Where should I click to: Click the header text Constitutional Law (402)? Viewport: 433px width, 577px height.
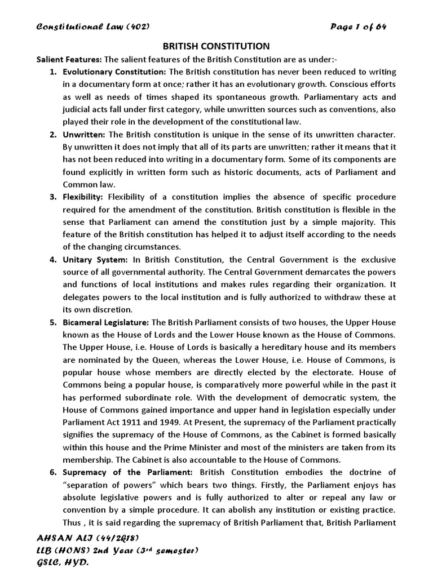(92, 26)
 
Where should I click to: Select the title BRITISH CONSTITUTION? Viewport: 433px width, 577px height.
(216, 46)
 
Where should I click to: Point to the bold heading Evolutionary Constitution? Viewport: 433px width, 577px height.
(114, 72)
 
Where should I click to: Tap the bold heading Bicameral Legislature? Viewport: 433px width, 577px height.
(106, 322)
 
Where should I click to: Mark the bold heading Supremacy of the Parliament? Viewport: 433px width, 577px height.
(128, 472)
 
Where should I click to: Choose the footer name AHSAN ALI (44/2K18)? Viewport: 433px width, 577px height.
(87, 538)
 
